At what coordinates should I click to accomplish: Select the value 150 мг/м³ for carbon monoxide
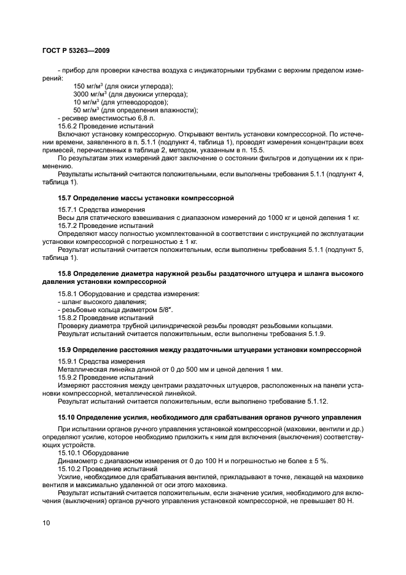88,87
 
